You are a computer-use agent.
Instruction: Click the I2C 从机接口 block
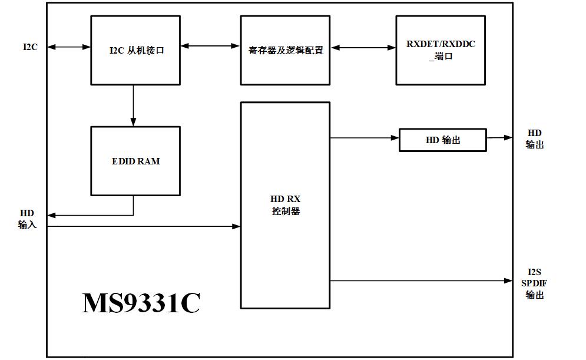(x=135, y=50)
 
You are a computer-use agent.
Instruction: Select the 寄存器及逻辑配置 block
(x=285, y=50)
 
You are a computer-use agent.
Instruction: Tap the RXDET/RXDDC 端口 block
(x=440, y=50)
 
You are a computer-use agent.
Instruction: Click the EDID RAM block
(x=135, y=161)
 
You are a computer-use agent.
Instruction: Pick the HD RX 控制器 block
(x=285, y=204)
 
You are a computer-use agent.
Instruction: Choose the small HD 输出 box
(x=443, y=140)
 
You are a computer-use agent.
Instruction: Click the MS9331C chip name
(x=141, y=303)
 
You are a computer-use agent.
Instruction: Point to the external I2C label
(x=30, y=47)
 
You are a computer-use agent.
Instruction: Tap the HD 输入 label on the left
(x=27, y=219)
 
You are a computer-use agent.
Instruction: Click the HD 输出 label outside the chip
(x=535, y=139)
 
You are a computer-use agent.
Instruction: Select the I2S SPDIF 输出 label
(x=534, y=283)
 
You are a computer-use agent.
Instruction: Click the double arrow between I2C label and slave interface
(x=69, y=47)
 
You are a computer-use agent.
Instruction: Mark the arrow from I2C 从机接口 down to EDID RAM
(x=133, y=105)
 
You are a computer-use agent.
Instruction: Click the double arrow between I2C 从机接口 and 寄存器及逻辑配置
(x=210, y=45)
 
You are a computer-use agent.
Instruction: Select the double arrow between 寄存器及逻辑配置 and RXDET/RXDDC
(x=363, y=48)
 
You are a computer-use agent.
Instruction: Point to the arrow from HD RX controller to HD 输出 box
(x=365, y=138)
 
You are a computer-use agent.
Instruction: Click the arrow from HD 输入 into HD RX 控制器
(x=144, y=226)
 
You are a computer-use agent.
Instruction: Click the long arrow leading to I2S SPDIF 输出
(x=421, y=281)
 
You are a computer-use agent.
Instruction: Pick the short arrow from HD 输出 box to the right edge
(x=499, y=138)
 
